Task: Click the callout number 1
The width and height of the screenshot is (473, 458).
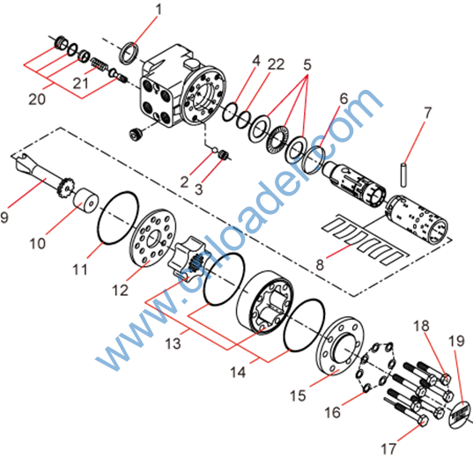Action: click(159, 10)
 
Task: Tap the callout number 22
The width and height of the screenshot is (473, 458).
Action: click(276, 64)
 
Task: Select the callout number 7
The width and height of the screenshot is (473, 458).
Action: click(427, 113)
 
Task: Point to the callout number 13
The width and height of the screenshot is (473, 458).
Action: click(173, 343)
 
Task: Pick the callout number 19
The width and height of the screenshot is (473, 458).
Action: click(456, 341)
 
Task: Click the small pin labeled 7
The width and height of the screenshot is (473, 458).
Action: click(403, 174)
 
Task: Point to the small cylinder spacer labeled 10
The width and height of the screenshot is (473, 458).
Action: click(86, 200)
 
